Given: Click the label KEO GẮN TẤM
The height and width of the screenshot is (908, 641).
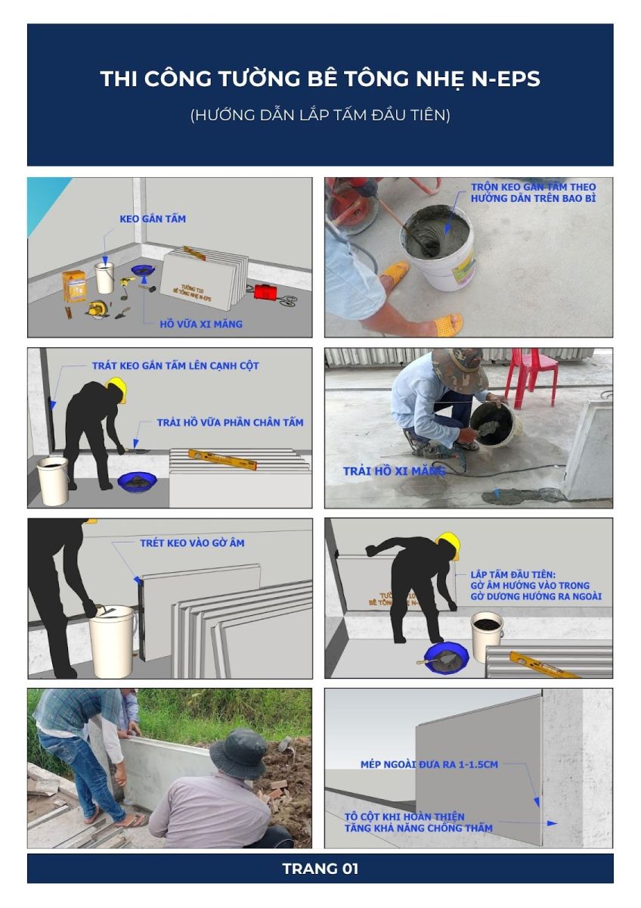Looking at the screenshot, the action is point(153,219).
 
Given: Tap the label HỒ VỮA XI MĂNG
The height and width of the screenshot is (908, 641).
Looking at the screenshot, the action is point(201,324).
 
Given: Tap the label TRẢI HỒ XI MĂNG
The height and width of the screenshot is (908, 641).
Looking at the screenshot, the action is point(394,471).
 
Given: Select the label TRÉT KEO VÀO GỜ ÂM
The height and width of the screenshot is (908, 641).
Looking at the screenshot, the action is point(192,543).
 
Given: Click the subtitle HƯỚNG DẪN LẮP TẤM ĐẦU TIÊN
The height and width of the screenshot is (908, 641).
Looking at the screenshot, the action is point(320,115).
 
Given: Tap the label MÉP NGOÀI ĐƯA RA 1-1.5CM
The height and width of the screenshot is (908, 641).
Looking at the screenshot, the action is point(429,764).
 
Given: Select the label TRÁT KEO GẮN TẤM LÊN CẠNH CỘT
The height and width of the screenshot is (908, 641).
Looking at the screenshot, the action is point(175,365).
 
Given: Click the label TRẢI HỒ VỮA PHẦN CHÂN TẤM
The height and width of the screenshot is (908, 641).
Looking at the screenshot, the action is point(230,422).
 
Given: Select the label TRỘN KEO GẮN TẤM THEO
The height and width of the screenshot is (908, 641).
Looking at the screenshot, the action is point(534,187).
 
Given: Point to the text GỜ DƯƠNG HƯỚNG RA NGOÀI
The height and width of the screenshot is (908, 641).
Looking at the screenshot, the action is point(536,596).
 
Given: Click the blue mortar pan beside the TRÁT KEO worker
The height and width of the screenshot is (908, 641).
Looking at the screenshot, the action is point(138,480).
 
